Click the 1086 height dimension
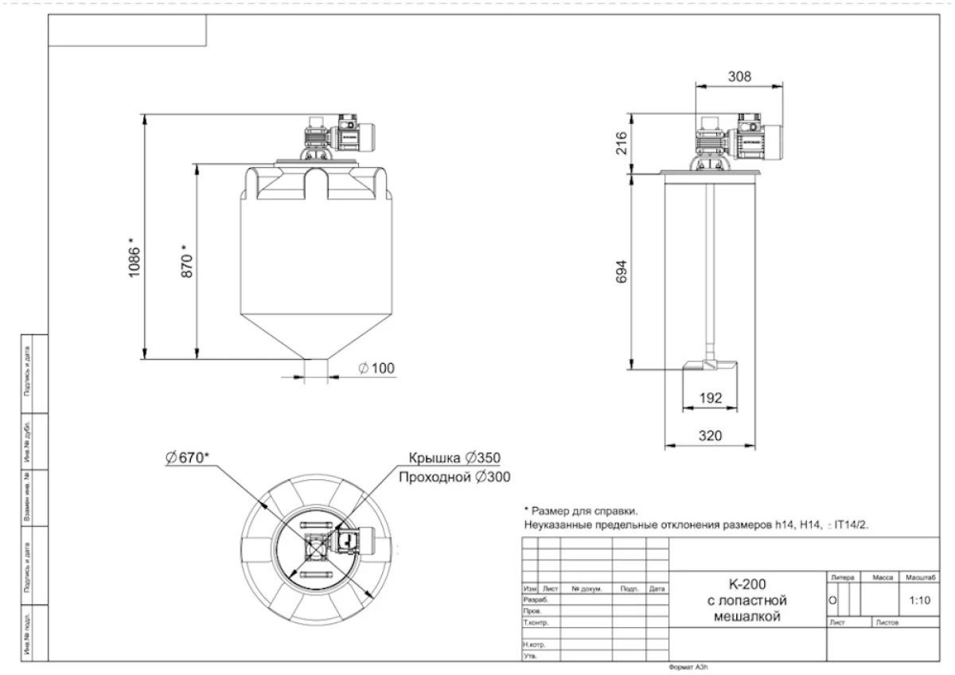coord(135,255)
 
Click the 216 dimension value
coord(622,143)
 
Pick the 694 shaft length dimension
coord(622,273)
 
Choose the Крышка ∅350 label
coord(454,458)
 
